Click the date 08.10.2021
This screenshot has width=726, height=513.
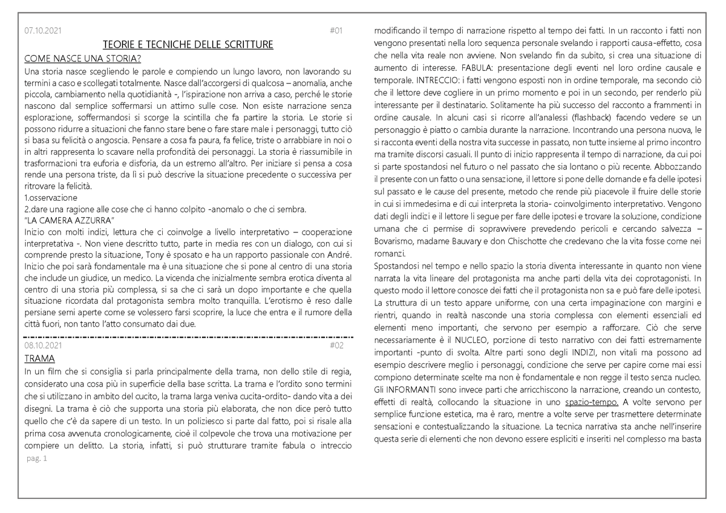coord(43,345)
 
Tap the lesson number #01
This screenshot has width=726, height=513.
coord(336,31)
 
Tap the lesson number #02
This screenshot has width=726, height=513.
coord(336,345)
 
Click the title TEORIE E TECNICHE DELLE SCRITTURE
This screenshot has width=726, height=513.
coord(188,45)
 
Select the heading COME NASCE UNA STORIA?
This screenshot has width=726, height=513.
coord(83,58)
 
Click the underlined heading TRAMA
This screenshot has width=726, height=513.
coord(40,359)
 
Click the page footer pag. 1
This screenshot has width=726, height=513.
coord(37,459)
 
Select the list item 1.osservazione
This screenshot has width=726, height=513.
coord(51,198)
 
